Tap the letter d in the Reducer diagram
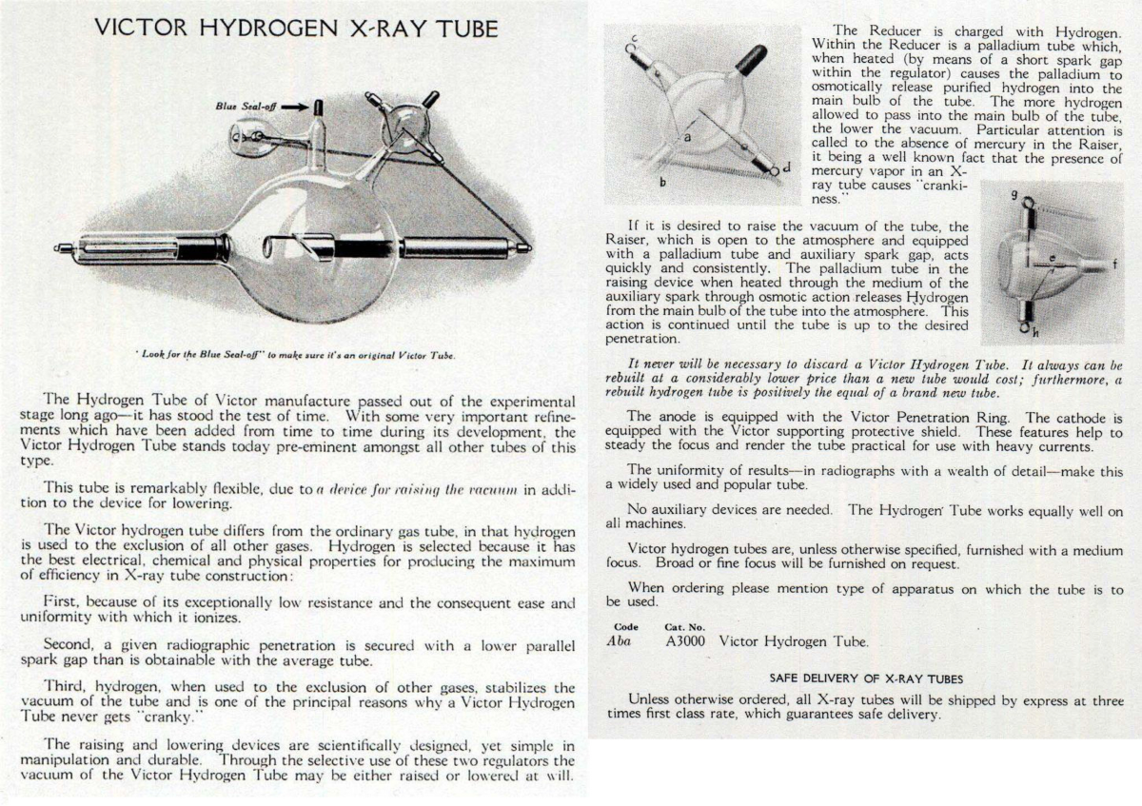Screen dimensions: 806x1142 (x=785, y=167)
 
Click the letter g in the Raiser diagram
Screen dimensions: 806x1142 (x=1014, y=195)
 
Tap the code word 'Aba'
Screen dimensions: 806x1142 (x=620, y=641)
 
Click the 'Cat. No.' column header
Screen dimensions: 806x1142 (x=683, y=627)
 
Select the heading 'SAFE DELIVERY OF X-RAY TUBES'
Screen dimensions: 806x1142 (x=866, y=678)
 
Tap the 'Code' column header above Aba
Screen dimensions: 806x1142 (x=625, y=627)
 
